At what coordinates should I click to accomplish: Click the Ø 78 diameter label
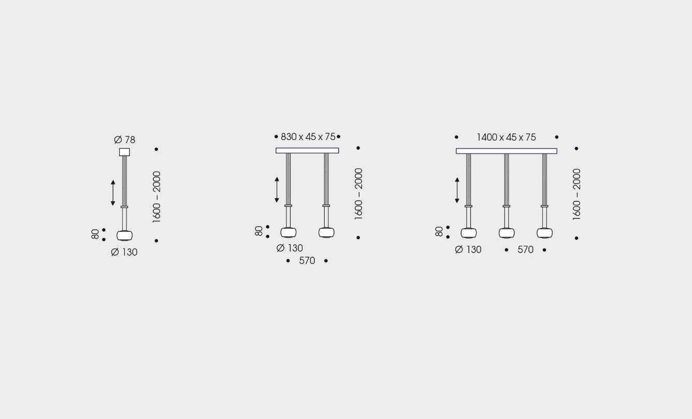point(124,140)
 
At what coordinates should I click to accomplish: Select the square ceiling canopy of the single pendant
point(124,152)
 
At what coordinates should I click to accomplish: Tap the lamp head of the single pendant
point(124,235)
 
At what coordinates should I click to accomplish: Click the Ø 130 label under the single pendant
point(124,253)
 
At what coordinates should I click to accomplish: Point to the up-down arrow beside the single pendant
point(113,193)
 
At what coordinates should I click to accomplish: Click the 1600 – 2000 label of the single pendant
point(156,197)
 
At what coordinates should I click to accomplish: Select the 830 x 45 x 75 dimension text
point(308,137)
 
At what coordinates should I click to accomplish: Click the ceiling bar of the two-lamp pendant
point(307,150)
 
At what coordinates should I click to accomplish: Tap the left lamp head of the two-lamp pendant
point(288,232)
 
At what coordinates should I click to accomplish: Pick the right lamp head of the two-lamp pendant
point(326,232)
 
